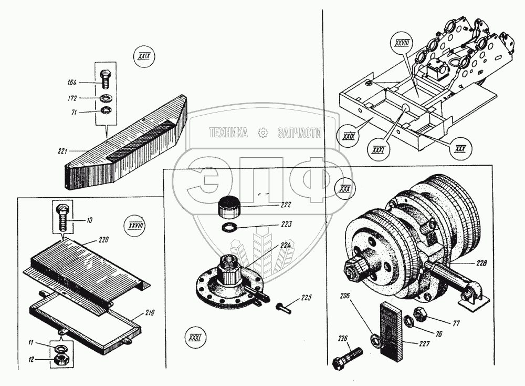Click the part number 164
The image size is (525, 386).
(x=71, y=82)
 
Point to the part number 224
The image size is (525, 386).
(x=286, y=244)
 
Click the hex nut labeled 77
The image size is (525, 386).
(x=419, y=315)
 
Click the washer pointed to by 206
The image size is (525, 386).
(x=375, y=340)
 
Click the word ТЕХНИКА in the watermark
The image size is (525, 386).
(x=228, y=134)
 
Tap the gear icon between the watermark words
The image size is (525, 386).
(x=262, y=134)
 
